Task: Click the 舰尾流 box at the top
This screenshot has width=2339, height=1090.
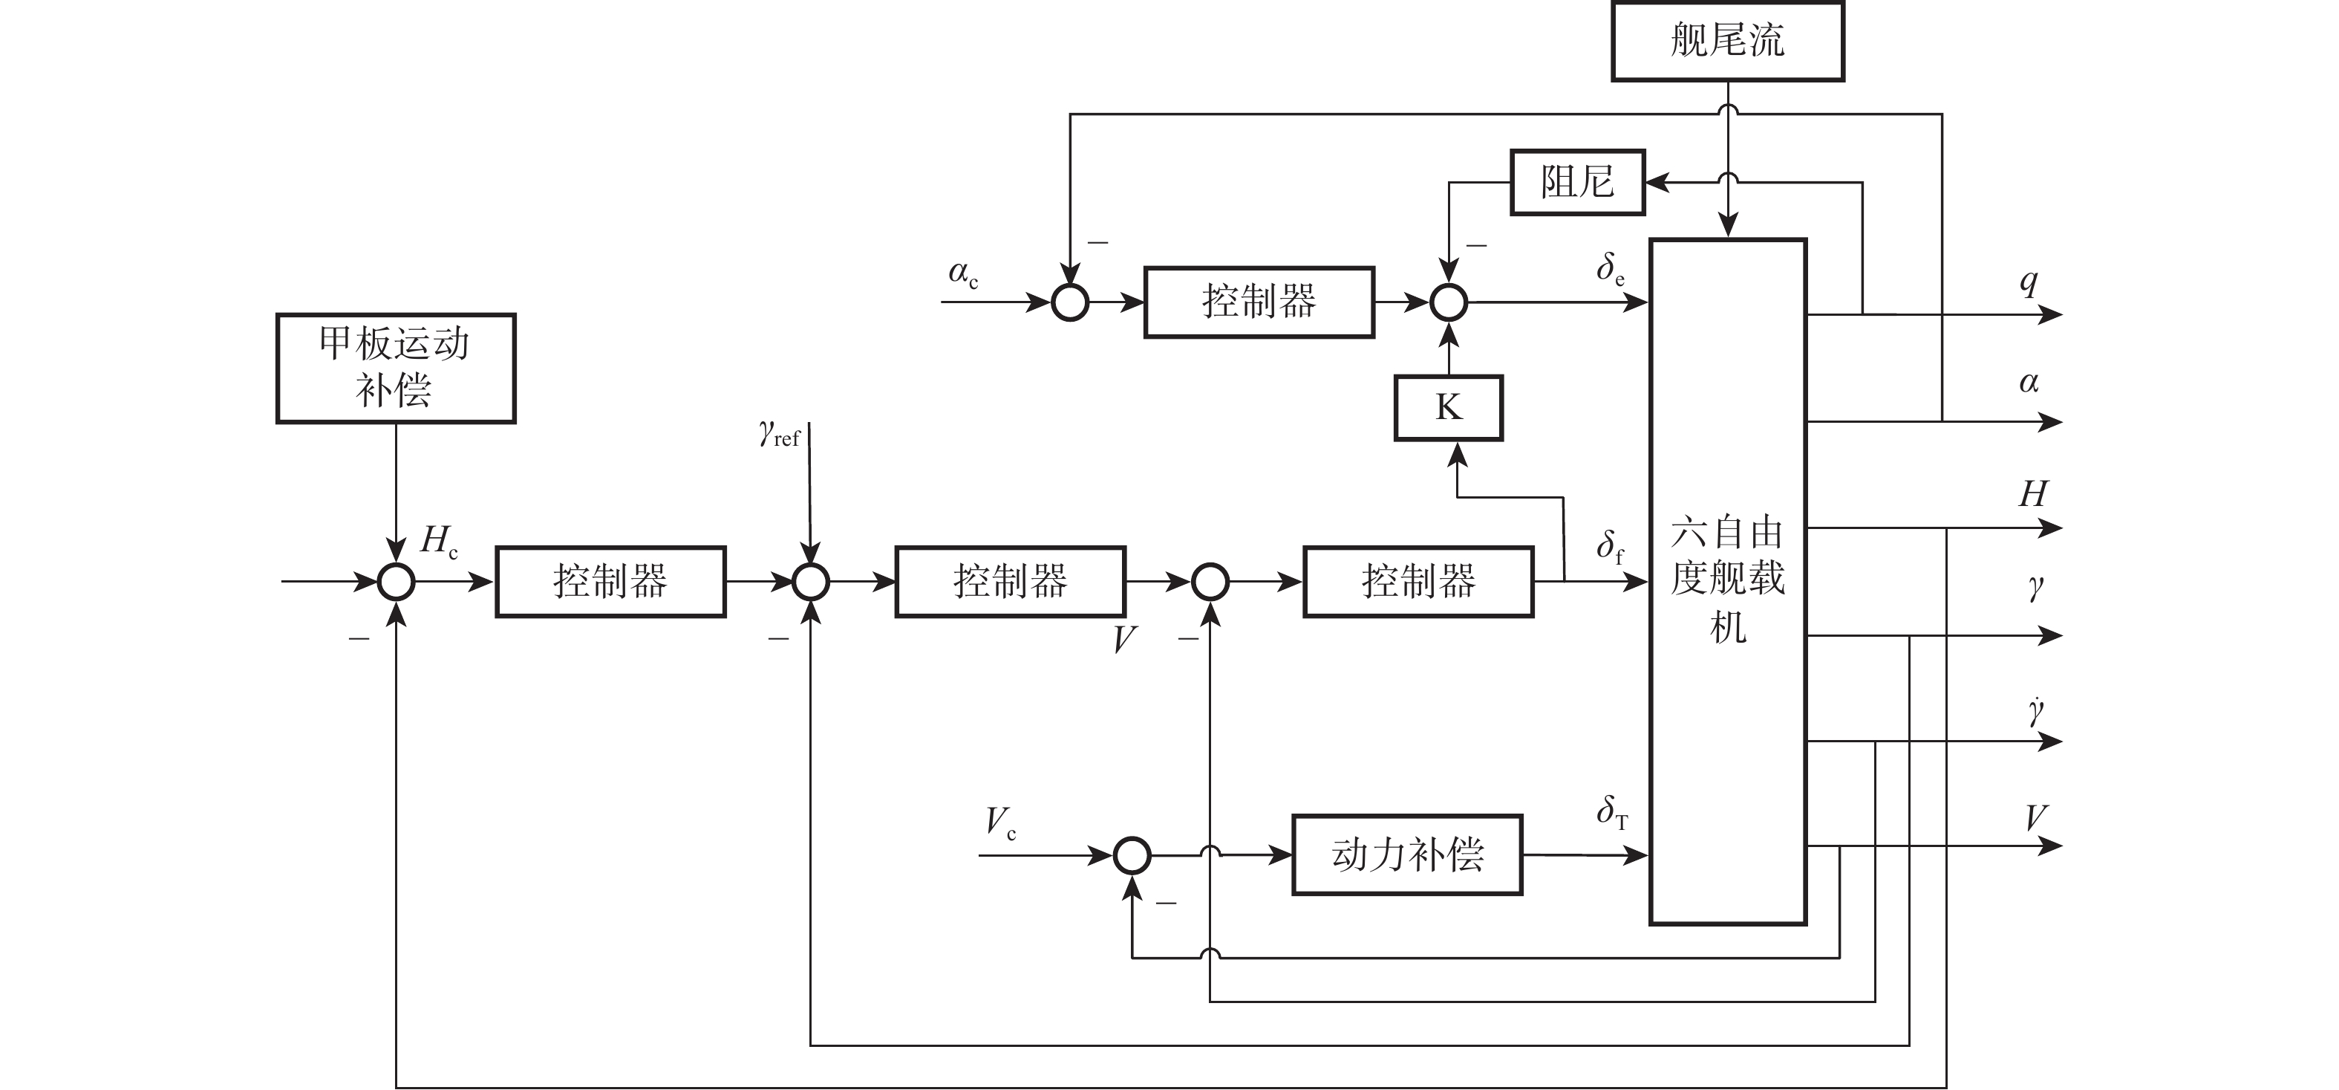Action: click(x=1727, y=41)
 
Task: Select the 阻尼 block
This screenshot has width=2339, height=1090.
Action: click(x=1577, y=181)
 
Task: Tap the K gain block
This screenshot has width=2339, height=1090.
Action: click(x=1448, y=408)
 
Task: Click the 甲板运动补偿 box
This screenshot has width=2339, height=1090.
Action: click(x=396, y=368)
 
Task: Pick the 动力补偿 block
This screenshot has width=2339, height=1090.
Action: click(x=1406, y=854)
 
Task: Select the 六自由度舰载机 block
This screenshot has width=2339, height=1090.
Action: click(x=1727, y=581)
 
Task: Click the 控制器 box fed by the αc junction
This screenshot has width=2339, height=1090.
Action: click(x=1259, y=302)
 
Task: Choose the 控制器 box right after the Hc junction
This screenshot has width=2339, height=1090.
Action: click(x=610, y=581)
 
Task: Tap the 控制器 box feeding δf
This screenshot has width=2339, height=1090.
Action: click(x=1418, y=581)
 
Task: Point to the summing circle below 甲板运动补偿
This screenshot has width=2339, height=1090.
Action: click(x=396, y=581)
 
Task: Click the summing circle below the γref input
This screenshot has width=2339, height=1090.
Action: click(x=810, y=581)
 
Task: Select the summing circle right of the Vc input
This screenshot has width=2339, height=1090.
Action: click(x=1132, y=854)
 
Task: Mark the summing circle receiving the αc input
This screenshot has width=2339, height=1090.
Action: click(x=1069, y=302)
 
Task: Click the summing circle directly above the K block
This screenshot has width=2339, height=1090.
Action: click(x=1448, y=302)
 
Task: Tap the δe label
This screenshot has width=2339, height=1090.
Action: click(x=1611, y=269)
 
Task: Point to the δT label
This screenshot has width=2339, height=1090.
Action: click(x=1612, y=811)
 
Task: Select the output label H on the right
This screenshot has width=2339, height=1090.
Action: click(x=2033, y=494)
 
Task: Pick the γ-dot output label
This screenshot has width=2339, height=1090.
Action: click(x=2036, y=711)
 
